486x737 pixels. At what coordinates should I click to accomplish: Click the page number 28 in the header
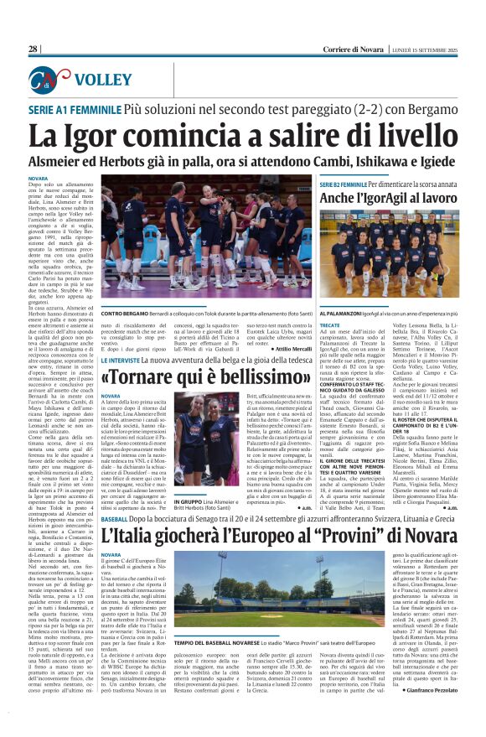pos(34,50)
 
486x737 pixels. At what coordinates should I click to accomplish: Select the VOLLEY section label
pos(103,80)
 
